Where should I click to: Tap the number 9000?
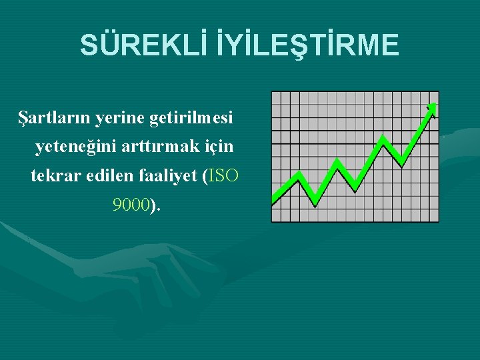[x=131, y=205]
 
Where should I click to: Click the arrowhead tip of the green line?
[x=434, y=105]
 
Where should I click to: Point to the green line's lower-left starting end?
[x=275, y=200]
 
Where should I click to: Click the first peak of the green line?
[x=299, y=175]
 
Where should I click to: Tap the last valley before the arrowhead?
[x=403, y=162]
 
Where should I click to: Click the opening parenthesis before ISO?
[x=205, y=177]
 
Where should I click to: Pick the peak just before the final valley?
[x=383, y=139]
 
